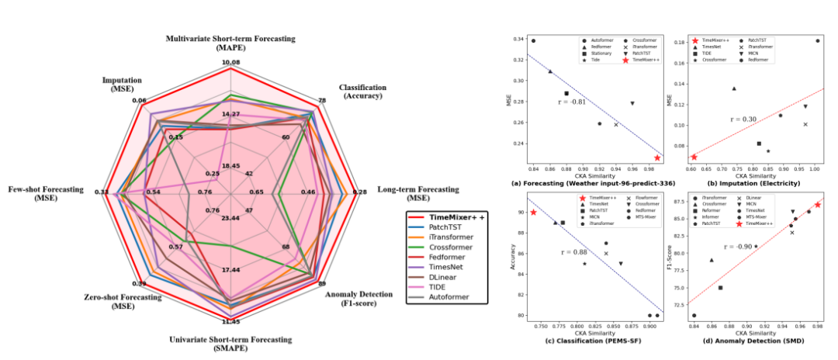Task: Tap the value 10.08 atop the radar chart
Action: (230, 62)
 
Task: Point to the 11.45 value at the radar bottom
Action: (230, 321)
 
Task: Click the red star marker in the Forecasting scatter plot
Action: (657, 157)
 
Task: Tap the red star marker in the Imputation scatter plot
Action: (694, 157)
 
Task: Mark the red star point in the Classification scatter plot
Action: (533, 212)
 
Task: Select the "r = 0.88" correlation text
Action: (574, 252)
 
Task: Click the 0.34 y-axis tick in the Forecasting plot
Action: (518, 40)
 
